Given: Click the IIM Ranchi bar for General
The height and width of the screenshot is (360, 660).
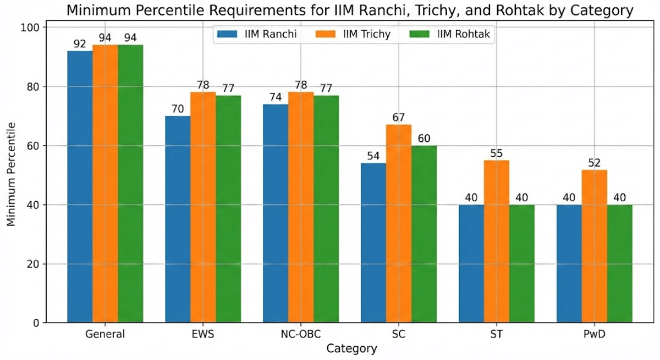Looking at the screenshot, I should click(x=80, y=187).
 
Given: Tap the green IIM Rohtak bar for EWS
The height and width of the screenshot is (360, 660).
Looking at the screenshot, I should click(x=228, y=209).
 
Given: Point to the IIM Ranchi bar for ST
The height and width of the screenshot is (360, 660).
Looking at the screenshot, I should click(x=471, y=264).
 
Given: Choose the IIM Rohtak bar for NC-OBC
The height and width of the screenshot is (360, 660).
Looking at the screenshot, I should click(x=326, y=209).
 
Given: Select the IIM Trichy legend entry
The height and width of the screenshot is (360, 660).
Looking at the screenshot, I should click(x=352, y=34).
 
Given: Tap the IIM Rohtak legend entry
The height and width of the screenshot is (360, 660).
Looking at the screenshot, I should click(x=451, y=34).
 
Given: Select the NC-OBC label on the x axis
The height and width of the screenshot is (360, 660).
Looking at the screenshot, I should click(x=301, y=334).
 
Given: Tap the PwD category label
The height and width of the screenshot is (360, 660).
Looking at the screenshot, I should click(x=595, y=334).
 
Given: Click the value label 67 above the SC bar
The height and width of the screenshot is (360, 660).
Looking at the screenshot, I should click(x=399, y=118).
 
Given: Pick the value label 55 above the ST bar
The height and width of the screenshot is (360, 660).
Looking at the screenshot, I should click(x=496, y=153).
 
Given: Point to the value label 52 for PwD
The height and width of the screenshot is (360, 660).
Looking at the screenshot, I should click(x=595, y=163).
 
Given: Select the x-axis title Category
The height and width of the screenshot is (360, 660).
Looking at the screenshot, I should click(x=351, y=348).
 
